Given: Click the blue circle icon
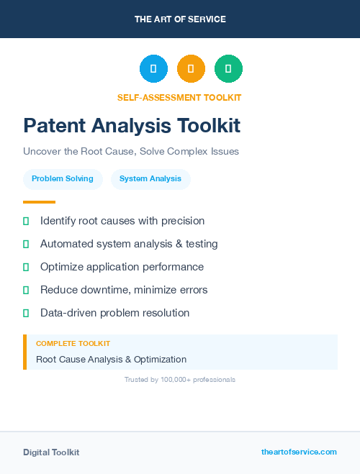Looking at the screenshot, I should pos(153,69).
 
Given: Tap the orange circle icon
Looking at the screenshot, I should pos(191,69).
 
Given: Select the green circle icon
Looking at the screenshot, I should pos(228,69).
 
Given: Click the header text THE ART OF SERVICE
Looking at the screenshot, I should pos(180,19).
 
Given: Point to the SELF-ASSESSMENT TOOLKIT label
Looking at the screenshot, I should pos(179,98).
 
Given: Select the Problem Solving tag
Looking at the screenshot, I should pos(63,178).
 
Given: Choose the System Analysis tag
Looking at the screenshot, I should pos(150,178).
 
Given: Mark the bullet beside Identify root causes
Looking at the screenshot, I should pos(26,221).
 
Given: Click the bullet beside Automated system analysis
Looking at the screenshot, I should pos(26,244).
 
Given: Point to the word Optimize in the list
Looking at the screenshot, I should pos(63,267).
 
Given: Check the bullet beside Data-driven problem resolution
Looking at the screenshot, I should pos(26,313).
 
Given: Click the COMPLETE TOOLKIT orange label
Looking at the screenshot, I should pos(73,344).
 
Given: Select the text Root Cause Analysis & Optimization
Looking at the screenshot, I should pos(111,359).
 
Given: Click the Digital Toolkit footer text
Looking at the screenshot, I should pos(51,452).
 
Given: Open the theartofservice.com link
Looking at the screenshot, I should pos(299,452).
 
